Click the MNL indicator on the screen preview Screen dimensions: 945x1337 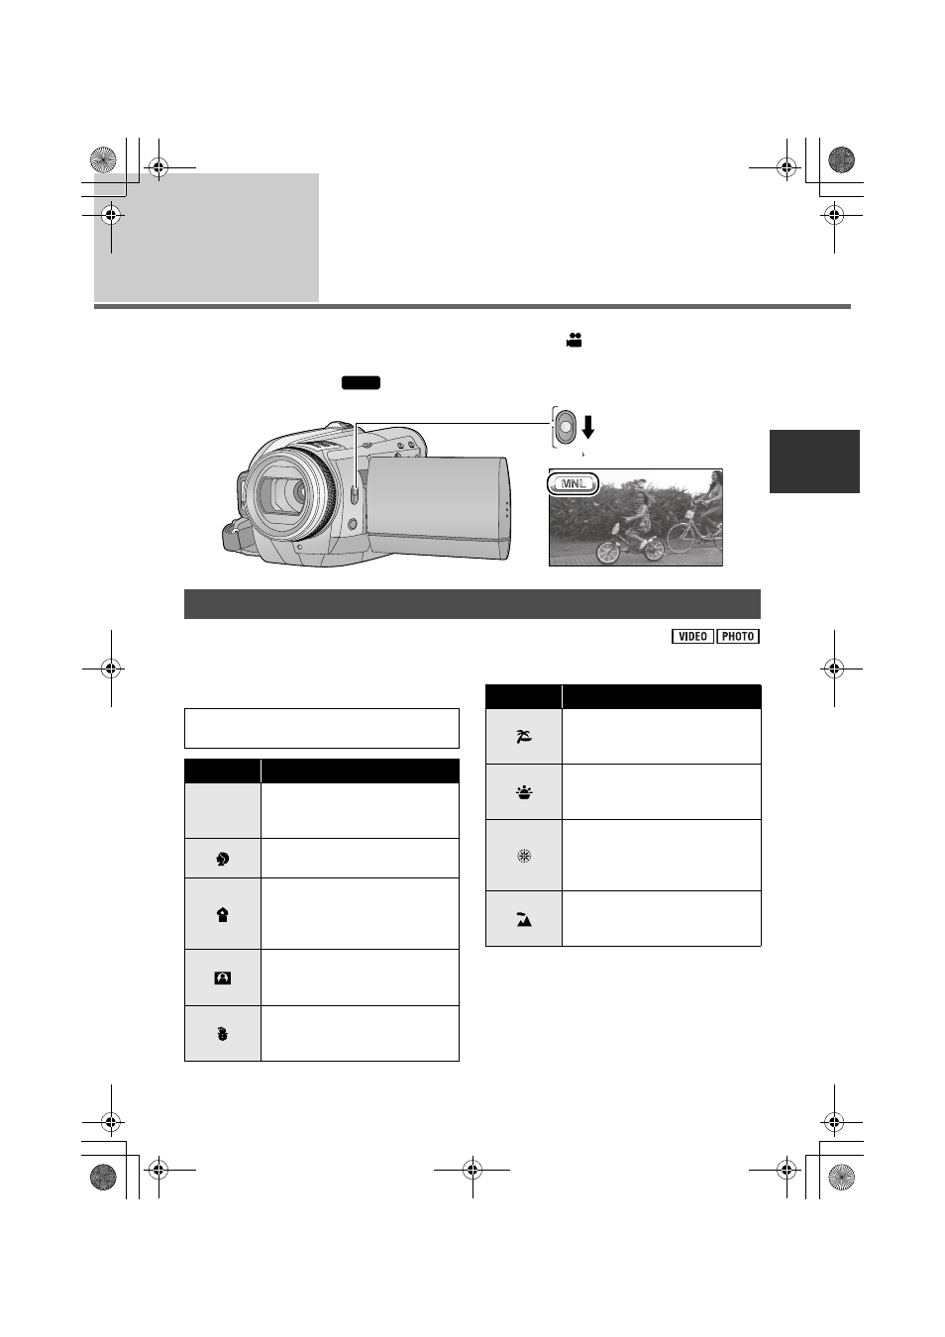pyautogui.click(x=573, y=484)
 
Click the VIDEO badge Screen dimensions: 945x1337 pyautogui.click(x=692, y=636)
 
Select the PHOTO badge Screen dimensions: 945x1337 pyautogui.click(x=738, y=636)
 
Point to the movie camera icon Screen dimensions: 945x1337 pyautogui.click(x=574, y=341)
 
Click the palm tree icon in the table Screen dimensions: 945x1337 pyautogui.click(x=524, y=737)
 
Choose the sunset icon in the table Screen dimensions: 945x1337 pyautogui.click(x=524, y=792)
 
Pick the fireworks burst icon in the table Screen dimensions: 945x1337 pyautogui.click(x=524, y=857)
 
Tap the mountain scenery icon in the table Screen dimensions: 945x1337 pyautogui.click(x=524, y=919)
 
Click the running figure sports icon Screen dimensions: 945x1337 pyautogui.click(x=223, y=859)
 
